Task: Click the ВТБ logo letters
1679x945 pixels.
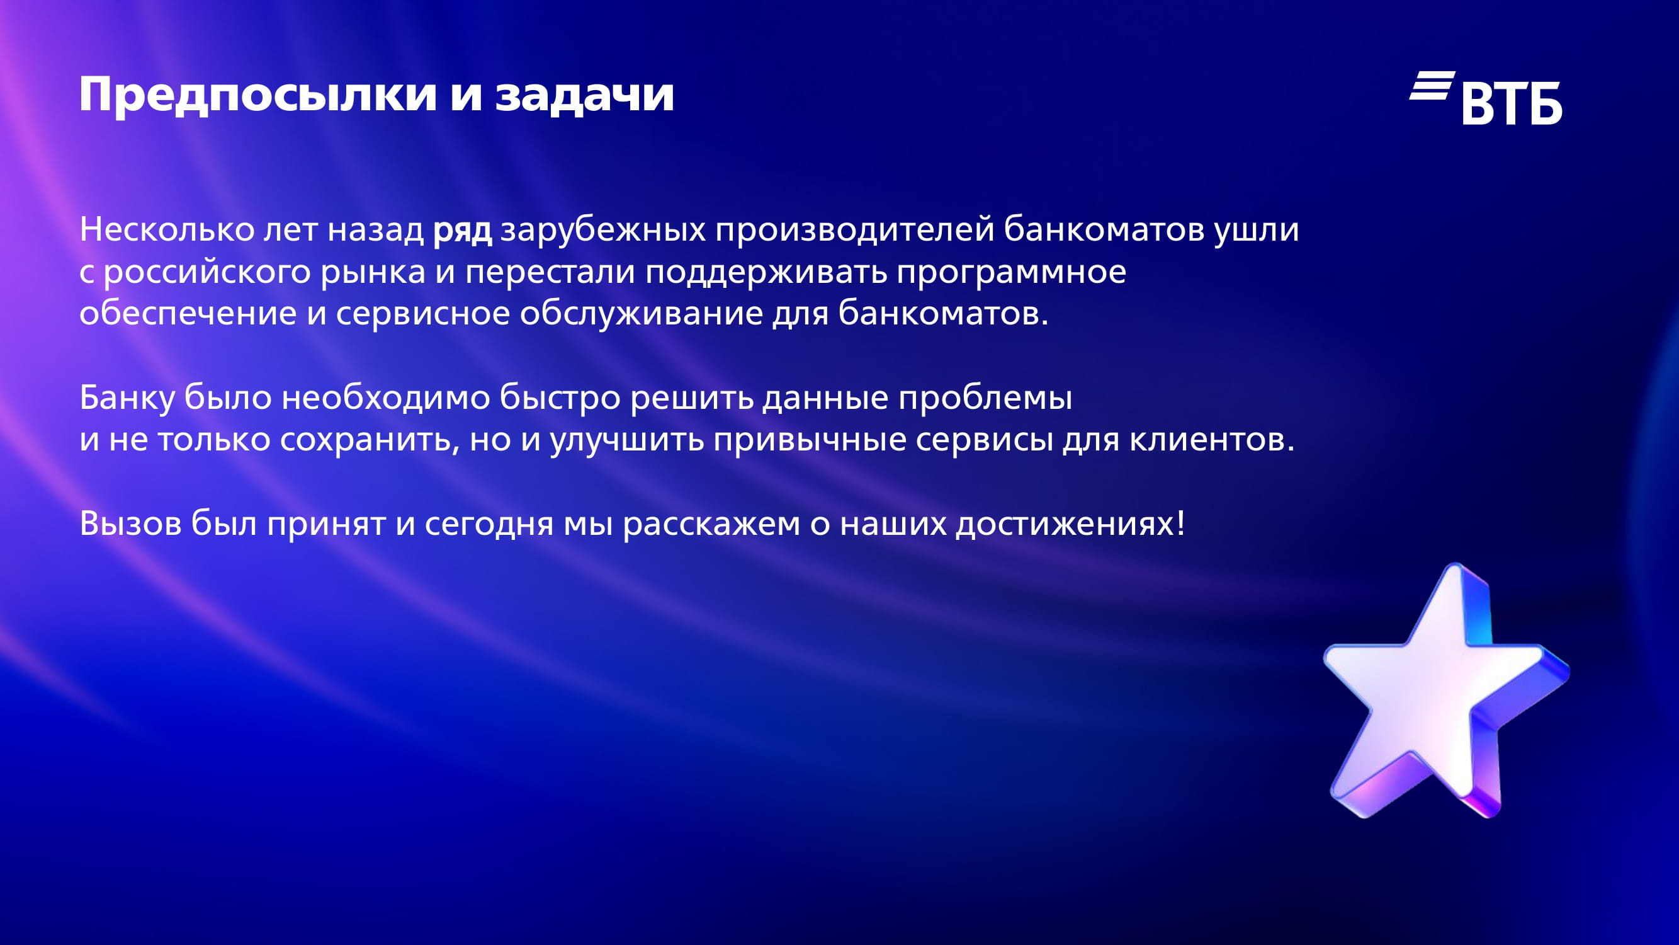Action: (x=1512, y=103)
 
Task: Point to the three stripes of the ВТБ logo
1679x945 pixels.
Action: (x=1432, y=86)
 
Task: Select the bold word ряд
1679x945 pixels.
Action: (x=463, y=231)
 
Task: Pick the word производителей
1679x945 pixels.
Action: (x=854, y=231)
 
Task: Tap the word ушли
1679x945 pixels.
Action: (x=1256, y=231)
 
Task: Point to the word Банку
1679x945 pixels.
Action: (x=127, y=398)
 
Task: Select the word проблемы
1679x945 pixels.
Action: (x=985, y=397)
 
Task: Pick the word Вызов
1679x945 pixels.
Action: (x=130, y=523)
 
